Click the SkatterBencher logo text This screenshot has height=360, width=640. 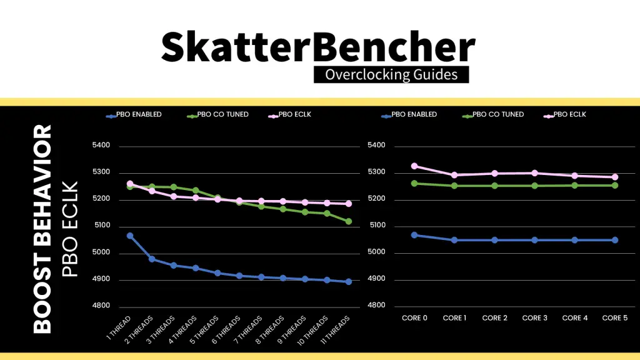(x=318, y=46)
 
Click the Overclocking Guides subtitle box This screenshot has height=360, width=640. (x=391, y=75)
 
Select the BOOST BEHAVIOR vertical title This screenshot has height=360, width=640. (x=42, y=228)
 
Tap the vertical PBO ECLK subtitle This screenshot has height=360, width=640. (x=70, y=229)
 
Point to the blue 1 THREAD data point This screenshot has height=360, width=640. (x=130, y=236)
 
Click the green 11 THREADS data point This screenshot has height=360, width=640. (x=348, y=221)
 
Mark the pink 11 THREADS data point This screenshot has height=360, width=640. (x=348, y=204)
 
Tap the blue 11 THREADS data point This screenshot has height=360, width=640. (x=348, y=282)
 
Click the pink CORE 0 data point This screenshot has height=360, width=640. (x=414, y=166)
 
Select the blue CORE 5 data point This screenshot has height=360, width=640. (x=615, y=240)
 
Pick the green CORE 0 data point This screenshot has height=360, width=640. (x=414, y=183)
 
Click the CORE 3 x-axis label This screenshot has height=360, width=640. (x=534, y=318)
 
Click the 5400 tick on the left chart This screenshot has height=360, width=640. (x=101, y=146)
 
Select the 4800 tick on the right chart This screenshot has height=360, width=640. (x=377, y=306)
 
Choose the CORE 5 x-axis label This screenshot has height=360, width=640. (x=615, y=318)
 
